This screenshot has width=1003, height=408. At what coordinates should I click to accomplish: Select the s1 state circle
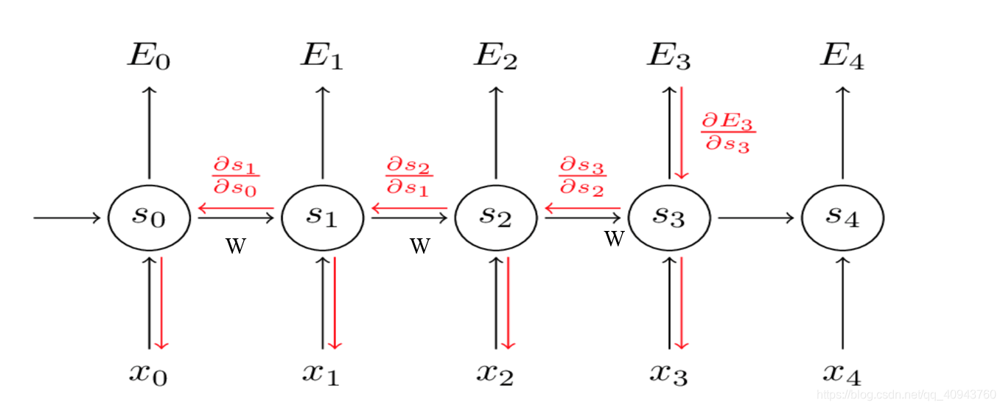point(323,218)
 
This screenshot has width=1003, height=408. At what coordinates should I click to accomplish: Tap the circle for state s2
point(496,218)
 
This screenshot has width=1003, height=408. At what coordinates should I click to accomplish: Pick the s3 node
point(670,218)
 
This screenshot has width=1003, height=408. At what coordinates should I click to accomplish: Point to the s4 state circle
point(843,218)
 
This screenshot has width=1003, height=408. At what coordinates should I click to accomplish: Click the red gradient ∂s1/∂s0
point(236,175)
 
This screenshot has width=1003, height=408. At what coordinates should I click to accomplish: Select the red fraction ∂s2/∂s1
point(409,175)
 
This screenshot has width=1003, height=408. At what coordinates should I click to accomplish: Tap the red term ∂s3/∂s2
point(582,175)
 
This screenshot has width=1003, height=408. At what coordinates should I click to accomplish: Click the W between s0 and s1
point(236,246)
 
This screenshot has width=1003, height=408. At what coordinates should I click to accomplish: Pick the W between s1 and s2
point(419,246)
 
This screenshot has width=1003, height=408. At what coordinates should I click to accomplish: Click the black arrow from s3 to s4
point(755,218)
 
